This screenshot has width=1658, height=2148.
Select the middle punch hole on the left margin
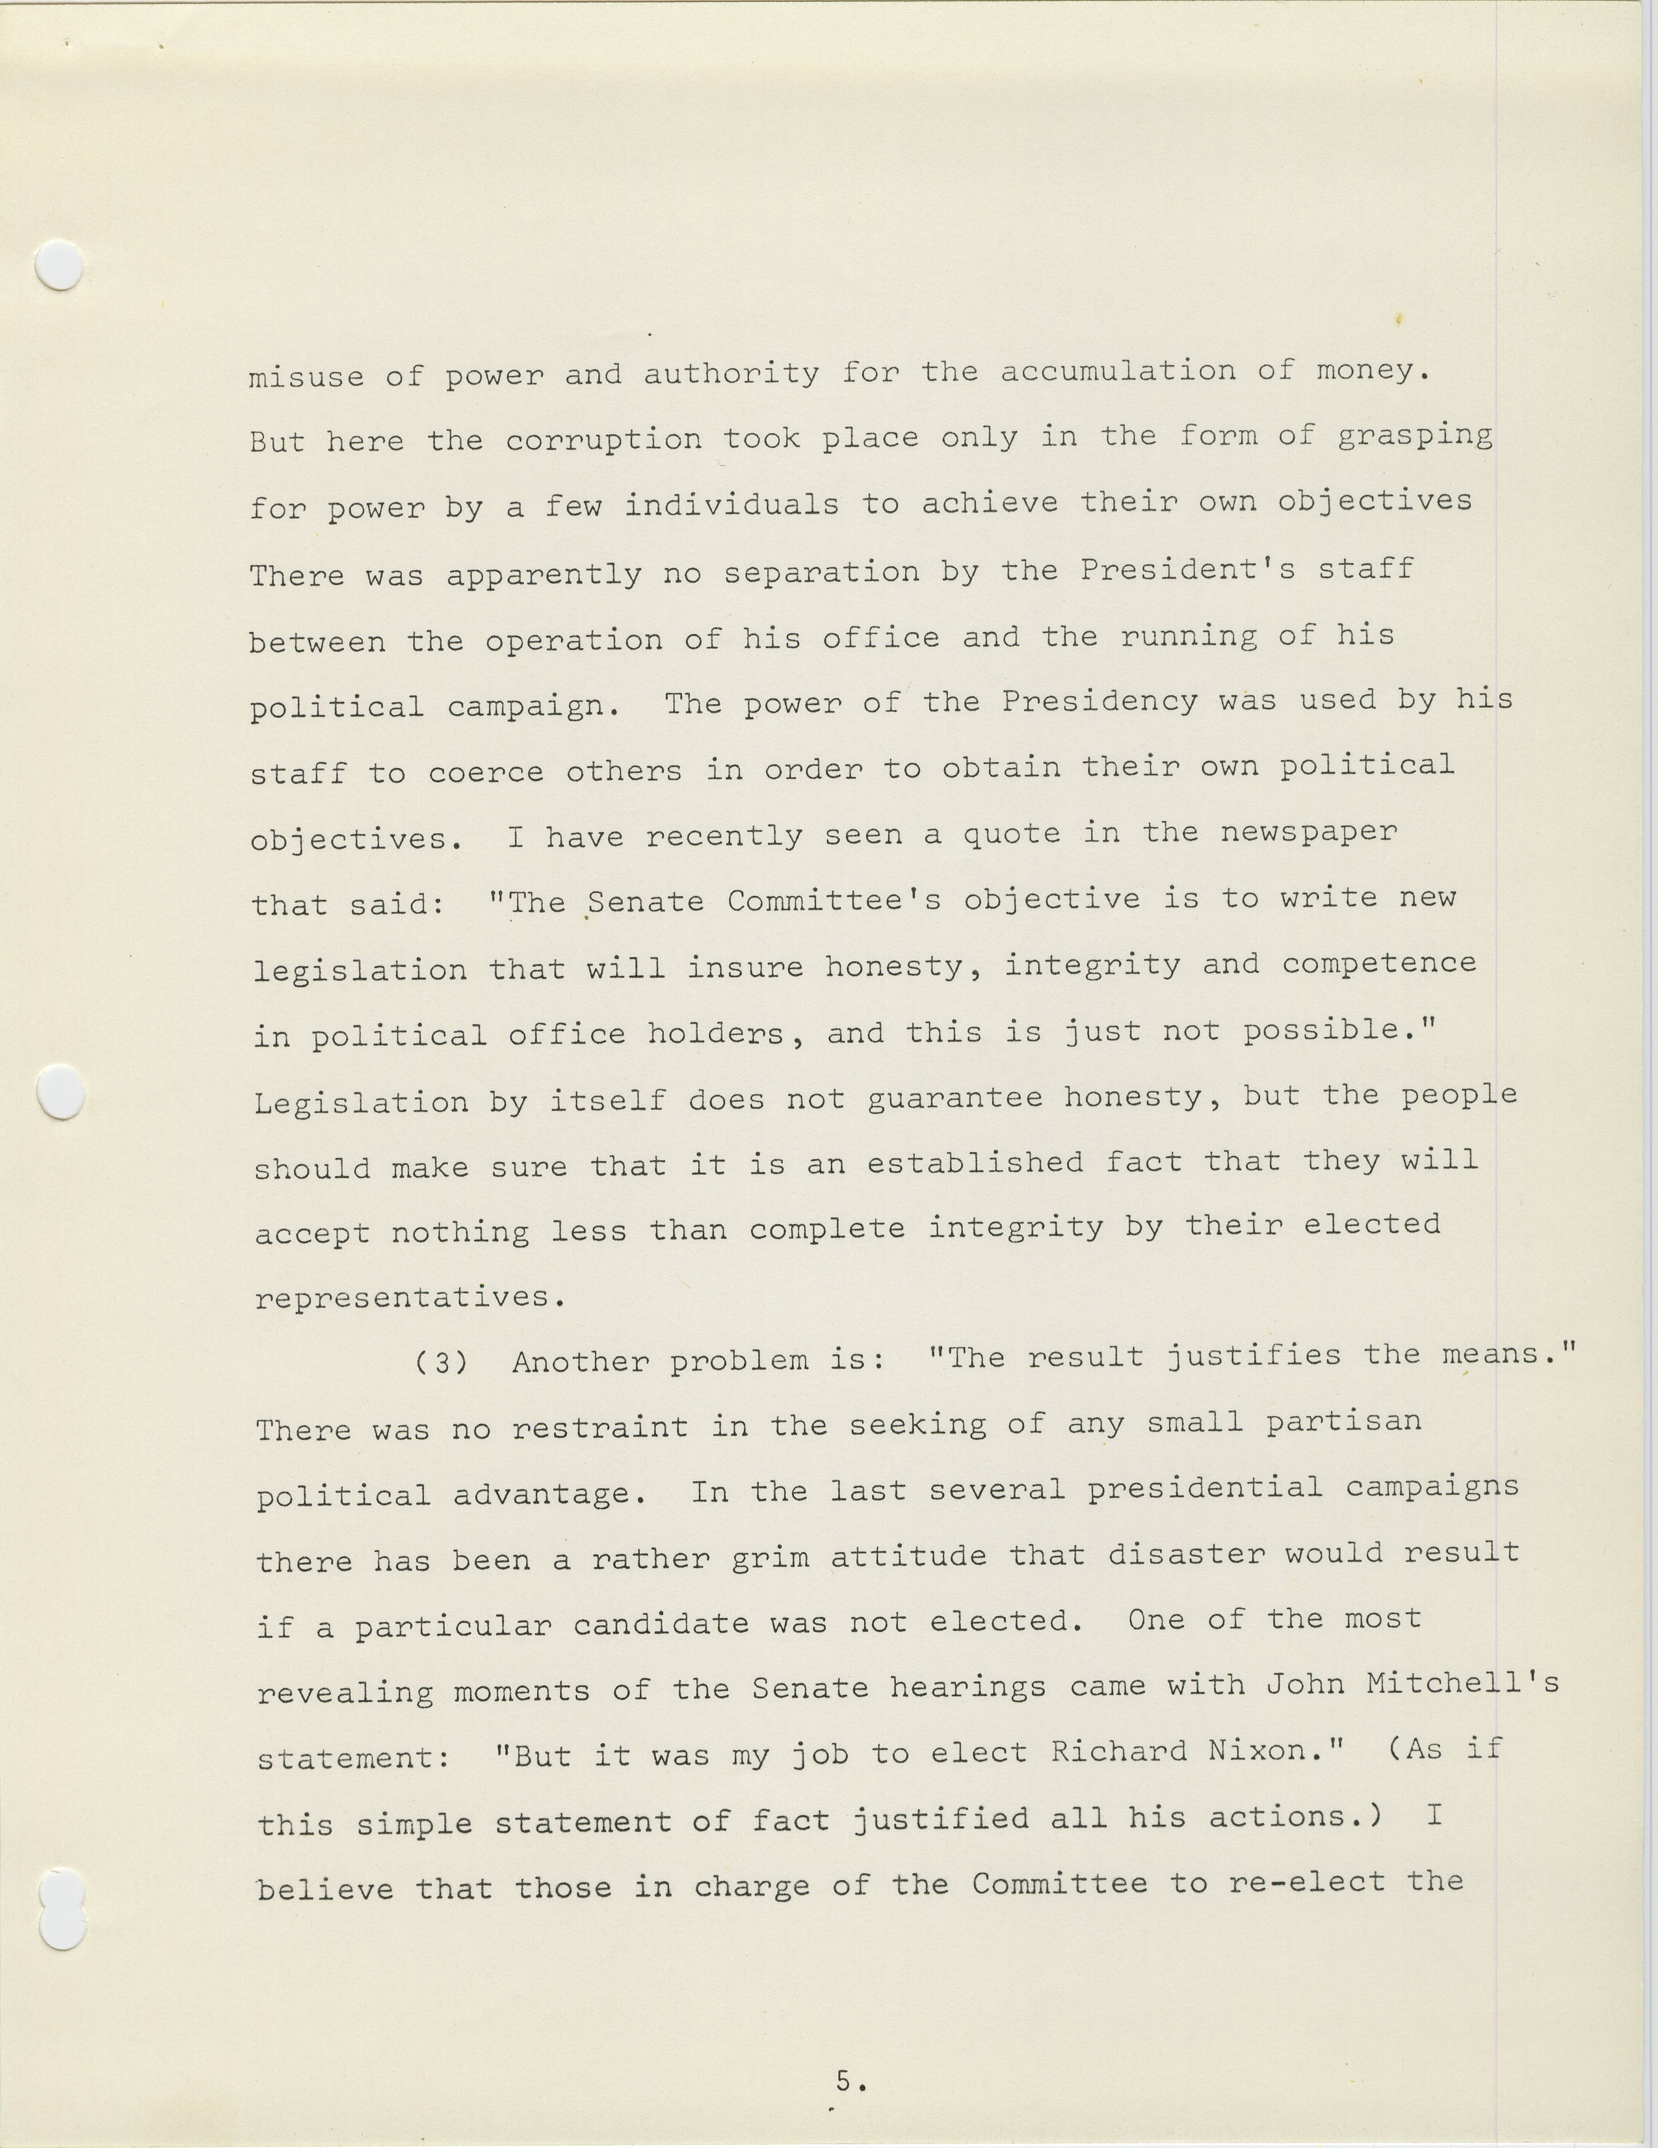[x=59, y=1092]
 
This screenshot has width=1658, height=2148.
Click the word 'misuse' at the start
[x=306, y=376]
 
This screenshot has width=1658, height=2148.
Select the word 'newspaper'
[x=1308, y=832]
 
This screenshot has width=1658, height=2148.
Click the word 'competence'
[x=1378, y=963]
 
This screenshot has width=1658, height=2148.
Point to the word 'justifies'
[x=1254, y=1356]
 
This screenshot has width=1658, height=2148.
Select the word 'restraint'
[x=600, y=1427]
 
